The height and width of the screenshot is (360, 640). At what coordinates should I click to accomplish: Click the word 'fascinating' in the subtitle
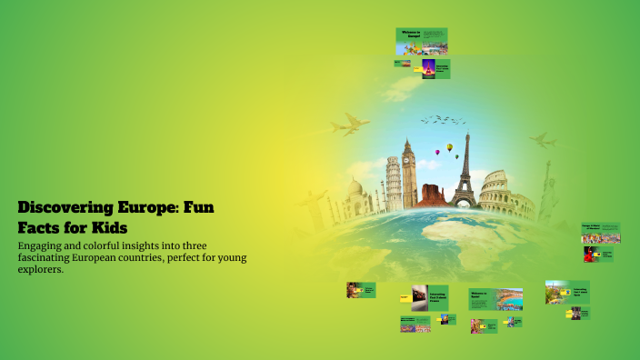(x=55, y=258)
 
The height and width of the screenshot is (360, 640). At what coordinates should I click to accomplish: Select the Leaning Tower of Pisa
(x=393, y=183)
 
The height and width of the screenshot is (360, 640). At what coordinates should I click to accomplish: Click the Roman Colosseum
(x=505, y=195)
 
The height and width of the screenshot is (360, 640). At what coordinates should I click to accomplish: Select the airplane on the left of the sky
(x=351, y=125)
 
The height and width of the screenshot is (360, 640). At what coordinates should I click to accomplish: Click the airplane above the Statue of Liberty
(x=543, y=141)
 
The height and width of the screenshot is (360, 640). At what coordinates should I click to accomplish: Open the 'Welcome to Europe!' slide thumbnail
(x=421, y=42)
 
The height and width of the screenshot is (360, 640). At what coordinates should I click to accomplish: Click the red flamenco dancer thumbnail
(x=591, y=255)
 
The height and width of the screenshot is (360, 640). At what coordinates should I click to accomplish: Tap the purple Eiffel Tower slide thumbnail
(x=423, y=68)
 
